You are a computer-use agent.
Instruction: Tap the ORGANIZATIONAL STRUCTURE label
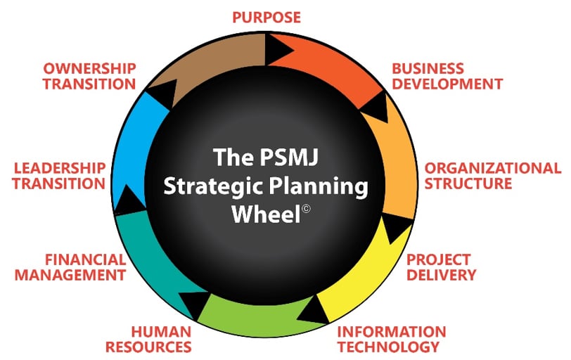click(x=492, y=176)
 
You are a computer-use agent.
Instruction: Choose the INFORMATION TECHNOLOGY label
click(x=392, y=338)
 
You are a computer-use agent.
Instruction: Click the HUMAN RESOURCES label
click(x=161, y=338)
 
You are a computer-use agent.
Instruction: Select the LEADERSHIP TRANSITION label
click(x=59, y=176)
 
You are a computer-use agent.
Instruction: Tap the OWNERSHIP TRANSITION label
click(x=89, y=77)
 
